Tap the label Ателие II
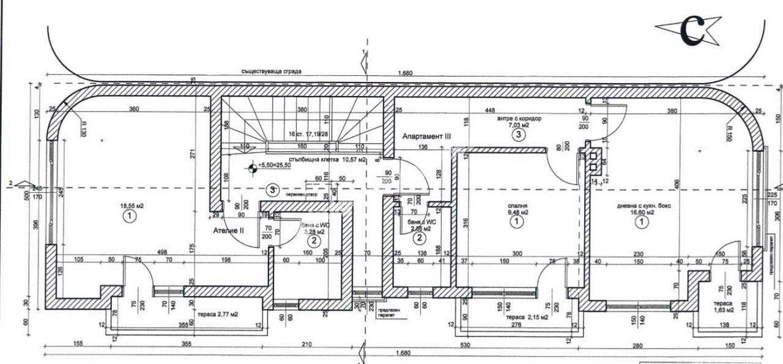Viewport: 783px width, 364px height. [228, 231]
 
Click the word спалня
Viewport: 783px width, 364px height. [517, 206]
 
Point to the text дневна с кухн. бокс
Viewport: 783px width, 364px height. [644, 206]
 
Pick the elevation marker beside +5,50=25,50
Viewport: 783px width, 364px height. [251, 166]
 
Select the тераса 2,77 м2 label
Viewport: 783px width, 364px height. [218, 314]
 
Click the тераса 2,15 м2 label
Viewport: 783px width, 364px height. [513, 317]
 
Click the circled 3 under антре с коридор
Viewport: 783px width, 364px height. [518, 135]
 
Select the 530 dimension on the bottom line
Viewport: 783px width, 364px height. [465, 345]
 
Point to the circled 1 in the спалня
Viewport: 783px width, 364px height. [517, 223]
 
